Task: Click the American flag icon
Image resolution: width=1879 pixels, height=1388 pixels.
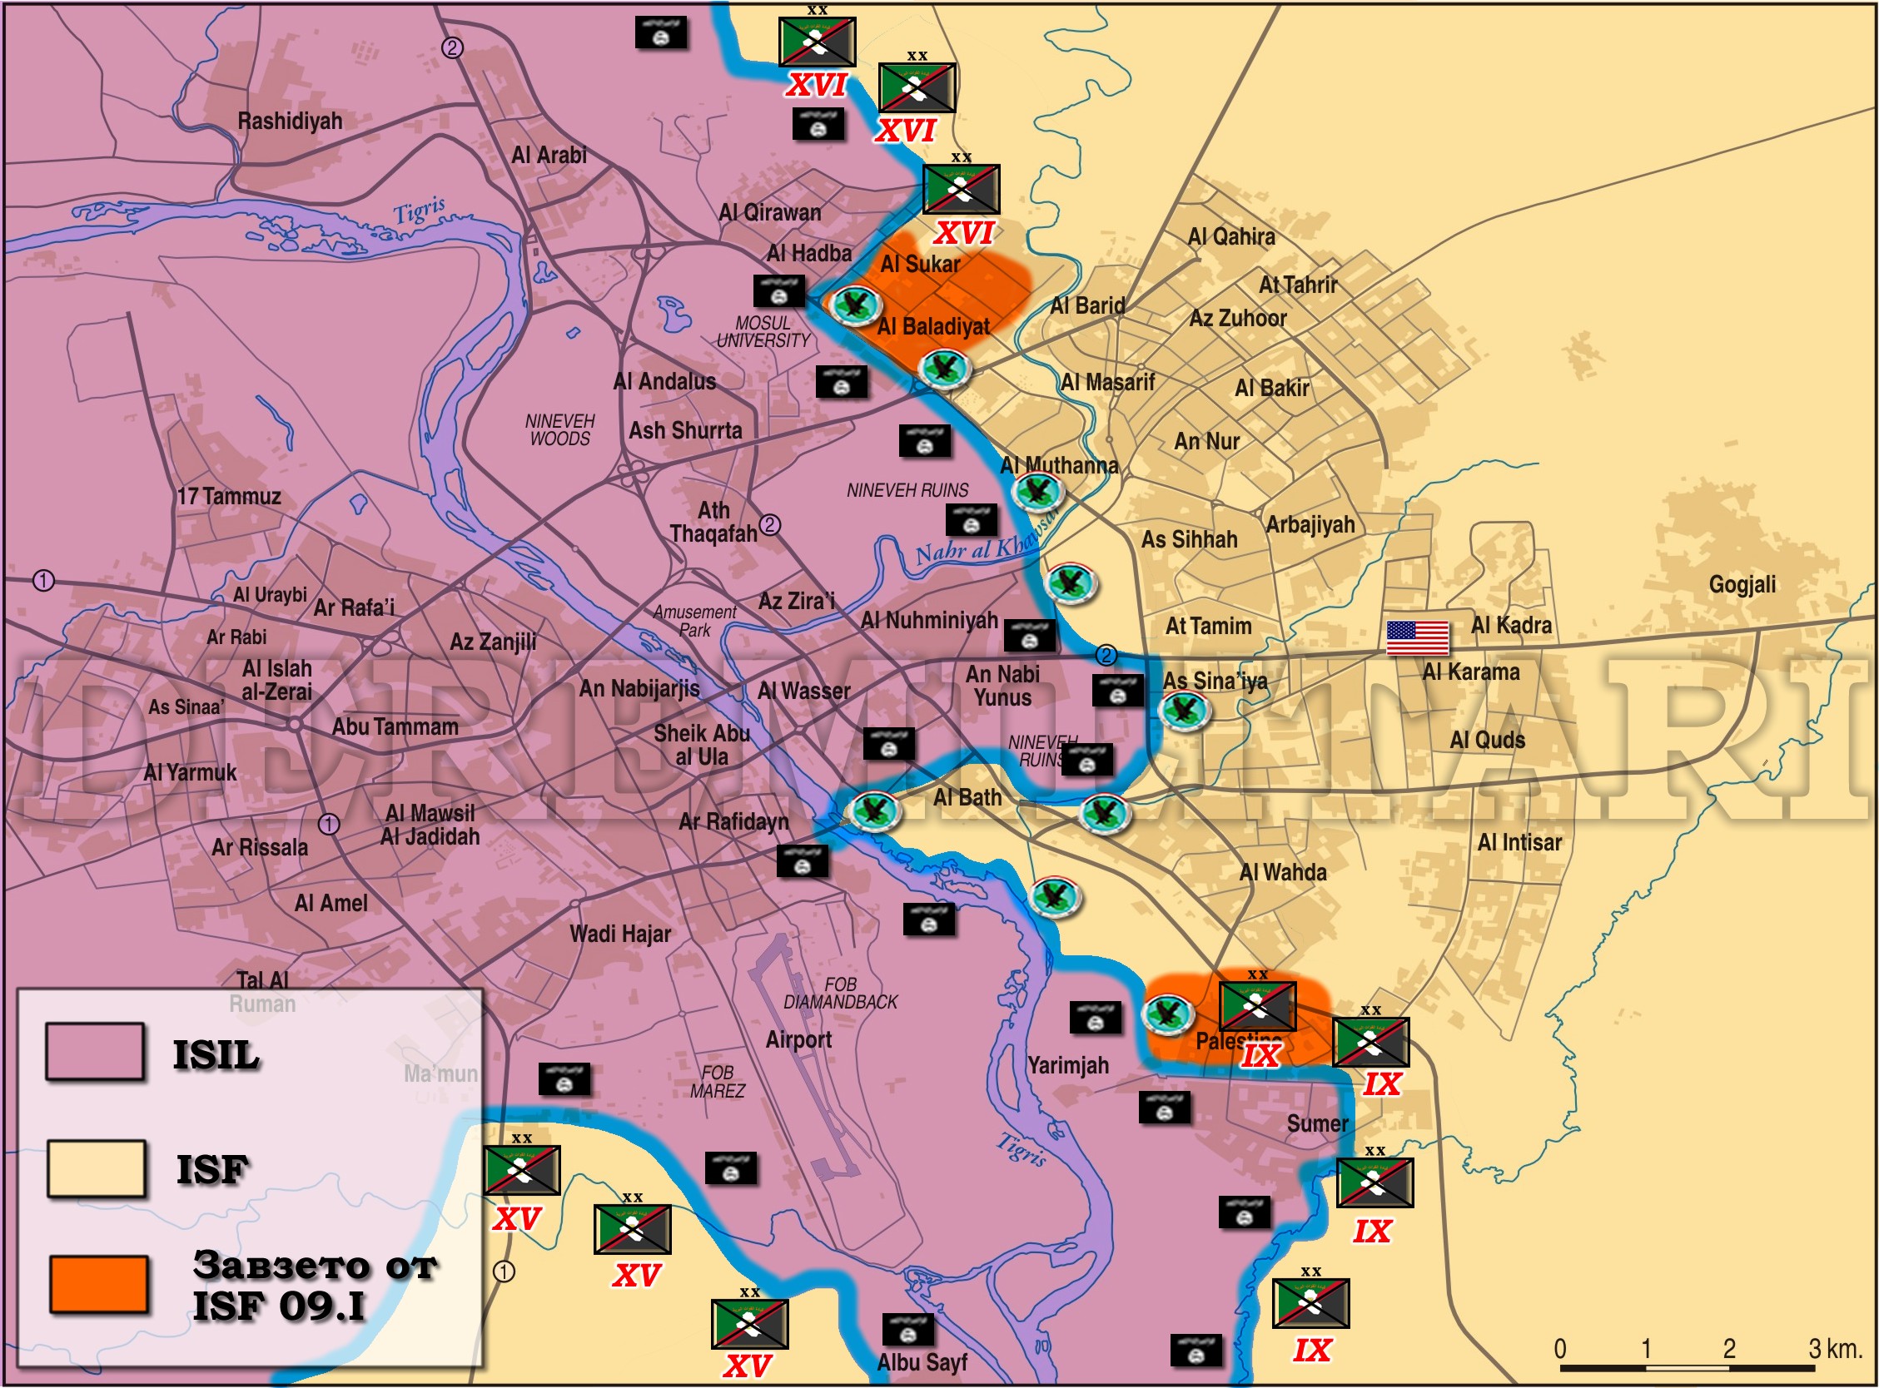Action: tap(1417, 637)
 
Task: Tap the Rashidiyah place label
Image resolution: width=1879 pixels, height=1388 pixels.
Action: tap(290, 121)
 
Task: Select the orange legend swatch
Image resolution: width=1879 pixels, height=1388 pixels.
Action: tap(98, 1283)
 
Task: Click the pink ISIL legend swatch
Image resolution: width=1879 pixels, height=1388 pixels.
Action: tap(95, 1051)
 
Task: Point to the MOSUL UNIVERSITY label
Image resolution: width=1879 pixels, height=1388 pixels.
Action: tap(763, 332)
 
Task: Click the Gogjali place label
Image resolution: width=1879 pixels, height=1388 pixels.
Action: tap(1742, 584)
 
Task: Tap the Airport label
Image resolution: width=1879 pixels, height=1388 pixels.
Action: tap(798, 1039)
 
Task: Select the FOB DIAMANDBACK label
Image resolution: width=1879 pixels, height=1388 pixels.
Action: tap(840, 993)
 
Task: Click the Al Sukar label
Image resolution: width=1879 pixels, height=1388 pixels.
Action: tap(920, 264)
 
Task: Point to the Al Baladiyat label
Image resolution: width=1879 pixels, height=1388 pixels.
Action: tap(932, 326)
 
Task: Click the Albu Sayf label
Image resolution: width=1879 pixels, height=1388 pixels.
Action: tap(922, 1362)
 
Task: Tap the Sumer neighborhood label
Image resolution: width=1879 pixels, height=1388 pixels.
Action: tap(1317, 1123)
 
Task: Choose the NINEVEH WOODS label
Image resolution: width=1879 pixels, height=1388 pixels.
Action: tap(559, 429)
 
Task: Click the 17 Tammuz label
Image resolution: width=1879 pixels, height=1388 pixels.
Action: tap(229, 496)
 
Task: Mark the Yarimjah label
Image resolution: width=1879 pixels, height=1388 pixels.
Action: tap(1068, 1065)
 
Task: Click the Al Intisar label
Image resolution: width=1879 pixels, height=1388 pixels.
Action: tap(1519, 842)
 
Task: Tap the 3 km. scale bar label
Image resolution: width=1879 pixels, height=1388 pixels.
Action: tap(1836, 1349)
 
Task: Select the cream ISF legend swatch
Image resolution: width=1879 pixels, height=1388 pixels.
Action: tap(96, 1167)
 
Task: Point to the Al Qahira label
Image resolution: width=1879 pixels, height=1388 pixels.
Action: tap(1231, 237)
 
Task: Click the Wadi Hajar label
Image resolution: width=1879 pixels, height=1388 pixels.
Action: tap(620, 934)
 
